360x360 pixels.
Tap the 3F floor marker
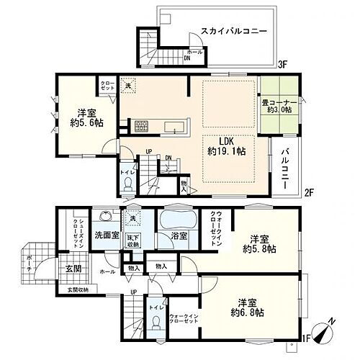[284, 65]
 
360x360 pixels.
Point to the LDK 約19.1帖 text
[225, 146]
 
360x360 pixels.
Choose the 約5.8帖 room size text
[260, 248]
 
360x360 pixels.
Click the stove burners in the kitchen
[139, 127]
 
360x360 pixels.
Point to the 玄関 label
[66, 269]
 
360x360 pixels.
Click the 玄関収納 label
[73, 290]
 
